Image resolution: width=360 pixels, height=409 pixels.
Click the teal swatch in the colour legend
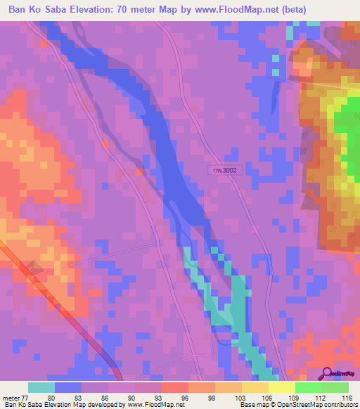click(41, 387)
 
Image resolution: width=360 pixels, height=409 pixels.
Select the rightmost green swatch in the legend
click(335, 387)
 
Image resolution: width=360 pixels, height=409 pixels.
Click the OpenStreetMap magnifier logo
click(326, 374)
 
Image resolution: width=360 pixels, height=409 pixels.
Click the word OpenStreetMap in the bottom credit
click(292, 405)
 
